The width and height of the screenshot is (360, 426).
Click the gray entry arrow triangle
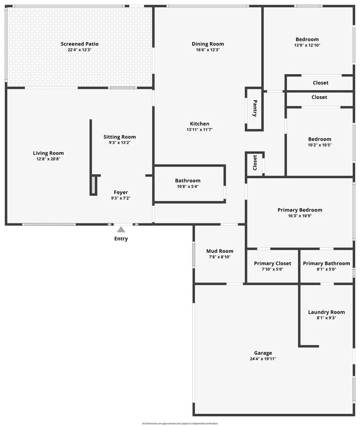(x=121, y=229)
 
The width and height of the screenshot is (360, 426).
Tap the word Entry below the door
(x=121, y=239)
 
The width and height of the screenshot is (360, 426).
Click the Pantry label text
(x=255, y=108)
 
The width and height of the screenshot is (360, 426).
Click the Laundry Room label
(x=326, y=312)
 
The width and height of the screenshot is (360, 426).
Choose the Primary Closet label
(x=272, y=263)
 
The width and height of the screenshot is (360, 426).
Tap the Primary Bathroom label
(x=326, y=263)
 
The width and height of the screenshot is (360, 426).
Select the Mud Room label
(x=219, y=251)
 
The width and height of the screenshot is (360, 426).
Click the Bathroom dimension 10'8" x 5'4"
(x=187, y=186)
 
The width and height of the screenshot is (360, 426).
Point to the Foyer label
(x=121, y=192)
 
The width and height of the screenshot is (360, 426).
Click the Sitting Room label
(x=120, y=137)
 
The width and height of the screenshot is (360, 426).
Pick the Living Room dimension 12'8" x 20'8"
(x=48, y=159)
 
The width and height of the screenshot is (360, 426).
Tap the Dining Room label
(x=208, y=44)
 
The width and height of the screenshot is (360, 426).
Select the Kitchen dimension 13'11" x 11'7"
(x=199, y=129)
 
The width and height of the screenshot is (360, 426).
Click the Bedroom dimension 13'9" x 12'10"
(x=307, y=45)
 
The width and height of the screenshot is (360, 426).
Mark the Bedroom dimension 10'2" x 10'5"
(x=320, y=145)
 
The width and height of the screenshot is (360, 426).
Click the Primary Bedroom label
(x=300, y=210)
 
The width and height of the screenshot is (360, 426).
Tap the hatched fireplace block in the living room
(x=94, y=185)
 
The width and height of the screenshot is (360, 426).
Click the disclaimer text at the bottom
(x=180, y=423)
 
